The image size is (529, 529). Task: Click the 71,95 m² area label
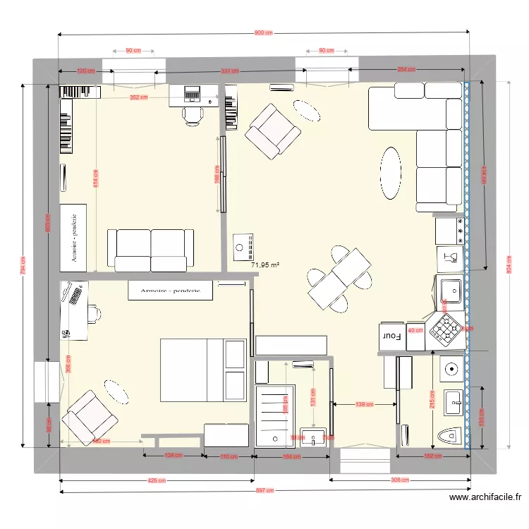point(265,265)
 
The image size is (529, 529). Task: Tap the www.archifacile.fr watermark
point(486,497)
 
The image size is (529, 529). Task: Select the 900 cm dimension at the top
point(263,33)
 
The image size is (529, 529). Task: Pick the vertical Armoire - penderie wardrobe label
point(73,238)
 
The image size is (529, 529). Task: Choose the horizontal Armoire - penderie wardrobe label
point(170,291)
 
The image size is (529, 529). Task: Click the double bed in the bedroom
point(203,370)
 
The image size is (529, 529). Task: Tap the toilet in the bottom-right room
point(449,437)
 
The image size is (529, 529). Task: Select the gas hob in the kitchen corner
point(446,327)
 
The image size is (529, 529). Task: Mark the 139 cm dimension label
point(364,404)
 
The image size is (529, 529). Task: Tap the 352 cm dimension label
point(139,97)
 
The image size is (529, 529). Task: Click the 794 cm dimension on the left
point(23,266)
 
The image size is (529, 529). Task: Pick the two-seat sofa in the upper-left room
point(150,248)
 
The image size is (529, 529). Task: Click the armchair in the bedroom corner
point(90,417)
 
